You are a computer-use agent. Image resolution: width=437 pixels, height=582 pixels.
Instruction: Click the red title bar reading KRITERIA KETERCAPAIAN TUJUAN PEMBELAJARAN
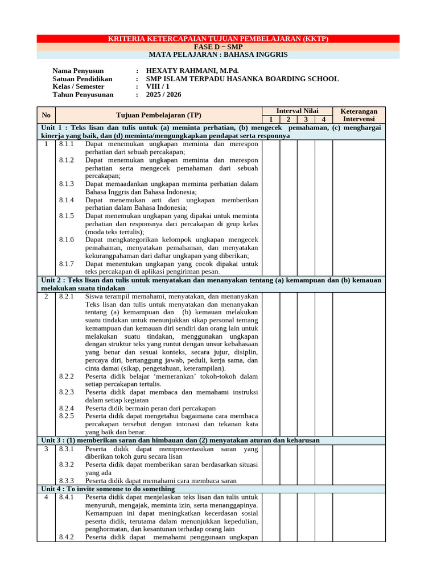point(218,39)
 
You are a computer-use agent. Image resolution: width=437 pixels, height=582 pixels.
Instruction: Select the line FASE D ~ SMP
point(218,47)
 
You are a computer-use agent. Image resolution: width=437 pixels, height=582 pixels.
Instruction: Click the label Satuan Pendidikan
point(82,78)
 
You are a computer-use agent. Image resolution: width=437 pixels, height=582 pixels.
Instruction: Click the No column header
point(46,115)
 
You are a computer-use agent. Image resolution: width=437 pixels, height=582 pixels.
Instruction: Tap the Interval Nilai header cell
point(297,111)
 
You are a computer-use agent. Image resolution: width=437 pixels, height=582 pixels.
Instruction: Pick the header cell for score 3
point(306,119)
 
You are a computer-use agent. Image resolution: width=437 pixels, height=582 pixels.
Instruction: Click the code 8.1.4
point(67,200)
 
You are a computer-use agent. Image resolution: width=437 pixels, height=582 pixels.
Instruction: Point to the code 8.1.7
point(67,264)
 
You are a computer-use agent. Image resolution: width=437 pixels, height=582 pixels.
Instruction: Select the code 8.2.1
point(67,296)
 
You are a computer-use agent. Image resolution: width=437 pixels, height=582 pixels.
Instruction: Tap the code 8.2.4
point(67,408)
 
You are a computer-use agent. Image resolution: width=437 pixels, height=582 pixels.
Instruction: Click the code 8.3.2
point(67,464)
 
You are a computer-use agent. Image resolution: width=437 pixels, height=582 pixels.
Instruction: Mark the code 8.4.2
point(67,537)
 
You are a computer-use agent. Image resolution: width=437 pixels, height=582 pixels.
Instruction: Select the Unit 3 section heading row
point(180,440)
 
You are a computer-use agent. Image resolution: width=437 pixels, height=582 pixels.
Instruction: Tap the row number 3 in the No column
point(46,448)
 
